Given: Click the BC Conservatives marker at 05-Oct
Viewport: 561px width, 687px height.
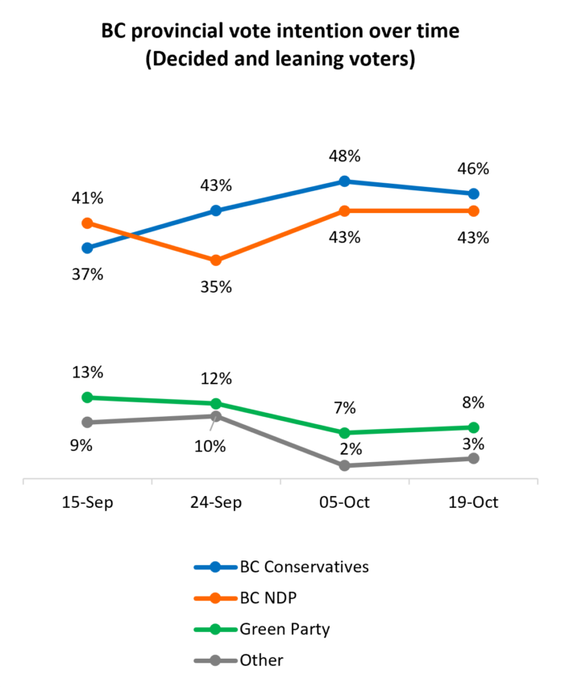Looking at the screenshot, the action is click(345, 181).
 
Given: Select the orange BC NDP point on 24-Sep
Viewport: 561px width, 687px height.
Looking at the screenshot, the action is click(216, 260).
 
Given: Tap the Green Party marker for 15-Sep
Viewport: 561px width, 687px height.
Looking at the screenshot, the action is click(88, 398).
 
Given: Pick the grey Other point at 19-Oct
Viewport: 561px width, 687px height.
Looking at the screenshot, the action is click(473, 458).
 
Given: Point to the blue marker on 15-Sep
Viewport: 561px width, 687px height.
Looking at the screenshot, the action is click(88, 248).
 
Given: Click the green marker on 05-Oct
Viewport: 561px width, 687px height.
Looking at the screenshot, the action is click(345, 433).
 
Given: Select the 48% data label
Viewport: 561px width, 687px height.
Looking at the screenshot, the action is click(345, 156).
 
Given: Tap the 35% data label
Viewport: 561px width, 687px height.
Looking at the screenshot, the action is click(216, 287).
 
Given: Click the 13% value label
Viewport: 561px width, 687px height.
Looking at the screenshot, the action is click(88, 373).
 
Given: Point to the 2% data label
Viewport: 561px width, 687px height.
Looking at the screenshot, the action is click(351, 449).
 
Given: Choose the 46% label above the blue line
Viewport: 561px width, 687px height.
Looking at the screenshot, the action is click(473, 169).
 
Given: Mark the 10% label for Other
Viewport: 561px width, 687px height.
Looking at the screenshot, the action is click(210, 447).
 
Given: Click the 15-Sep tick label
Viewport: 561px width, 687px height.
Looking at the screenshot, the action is click(88, 502).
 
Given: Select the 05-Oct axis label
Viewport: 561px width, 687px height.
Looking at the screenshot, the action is click(345, 502).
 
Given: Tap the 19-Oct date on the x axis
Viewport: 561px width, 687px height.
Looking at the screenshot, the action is click(473, 502).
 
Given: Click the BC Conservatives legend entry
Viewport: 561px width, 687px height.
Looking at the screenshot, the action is click(281, 567).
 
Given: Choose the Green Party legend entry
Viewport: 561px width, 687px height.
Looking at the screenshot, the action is click(262, 630).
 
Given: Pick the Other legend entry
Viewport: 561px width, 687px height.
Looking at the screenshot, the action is click(239, 660).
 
